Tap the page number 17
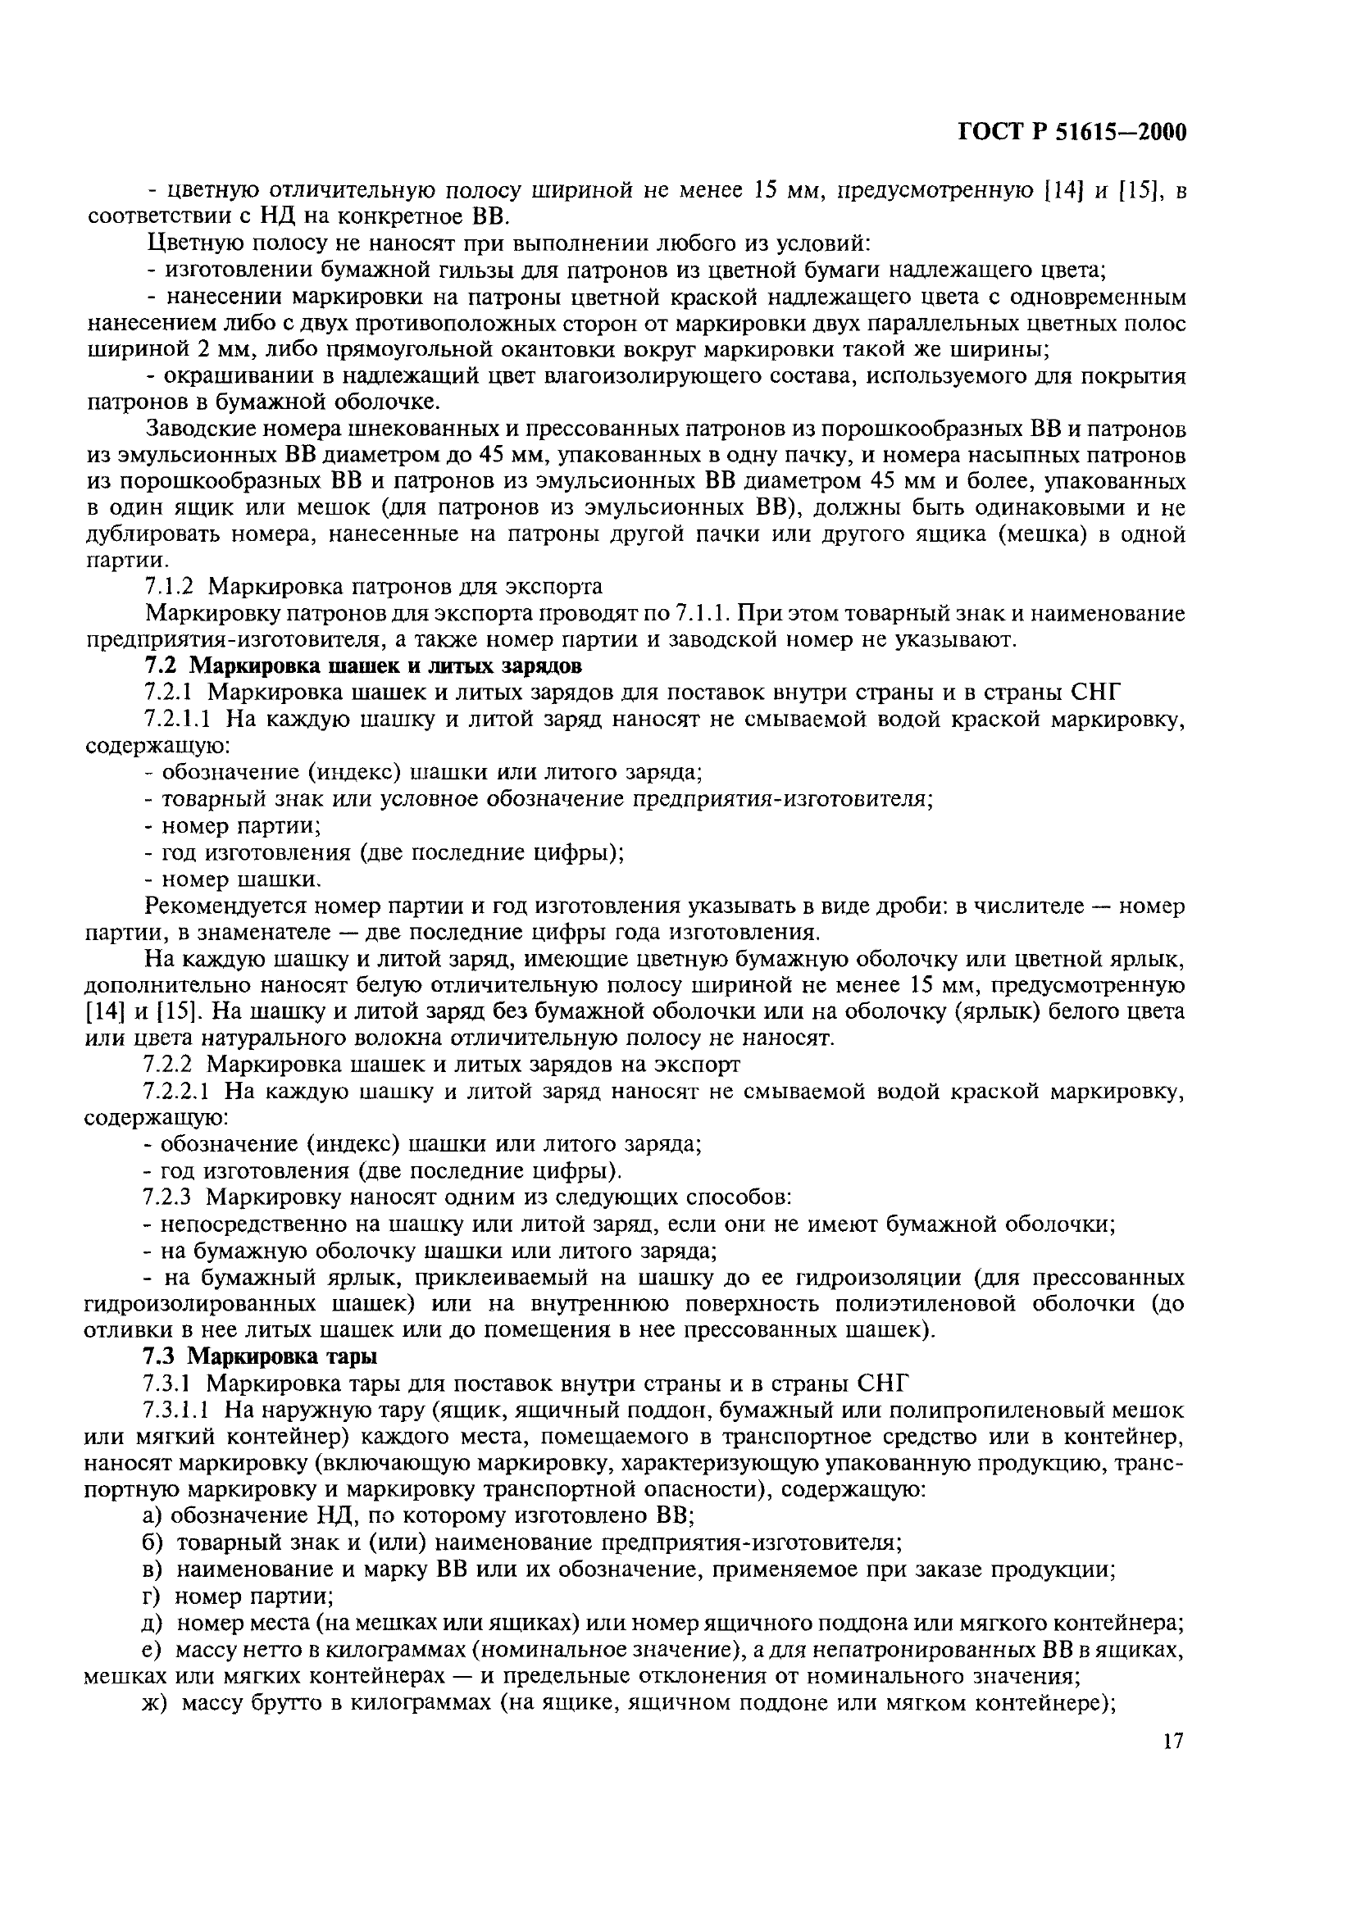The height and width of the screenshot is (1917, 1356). point(1172,1742)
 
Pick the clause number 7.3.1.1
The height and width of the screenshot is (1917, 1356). point(177,1410)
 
